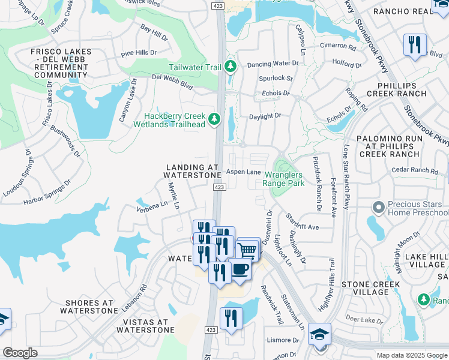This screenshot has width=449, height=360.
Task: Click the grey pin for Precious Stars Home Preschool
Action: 378,208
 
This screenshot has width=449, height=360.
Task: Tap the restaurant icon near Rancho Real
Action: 415,45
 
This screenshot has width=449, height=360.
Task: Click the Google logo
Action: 20,353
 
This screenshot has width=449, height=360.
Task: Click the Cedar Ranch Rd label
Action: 415,170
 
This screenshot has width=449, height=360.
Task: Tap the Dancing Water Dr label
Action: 273,63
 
